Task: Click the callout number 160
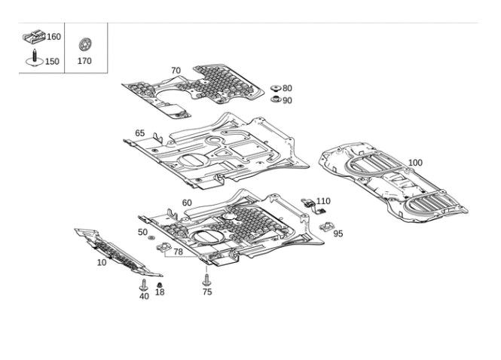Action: click(53, 37)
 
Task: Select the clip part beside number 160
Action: click(34, 36)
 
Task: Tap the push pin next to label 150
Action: click(34, 59)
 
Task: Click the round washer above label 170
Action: click(84, 44)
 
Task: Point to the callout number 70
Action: click(176, 71)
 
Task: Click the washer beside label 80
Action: click(275, 88)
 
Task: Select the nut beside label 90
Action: click(276, 99)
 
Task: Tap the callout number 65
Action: click(140, 133)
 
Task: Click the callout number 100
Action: click(415, 163)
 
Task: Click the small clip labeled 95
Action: click(326, 227)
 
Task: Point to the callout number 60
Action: click(187, 203)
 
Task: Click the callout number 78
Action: click(178, 252)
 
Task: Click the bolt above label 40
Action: click(144, 285)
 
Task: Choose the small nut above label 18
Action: click(160, 285)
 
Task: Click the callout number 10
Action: click(102, 263)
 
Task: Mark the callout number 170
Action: click(84, 61)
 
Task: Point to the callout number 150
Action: click(52, 62)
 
